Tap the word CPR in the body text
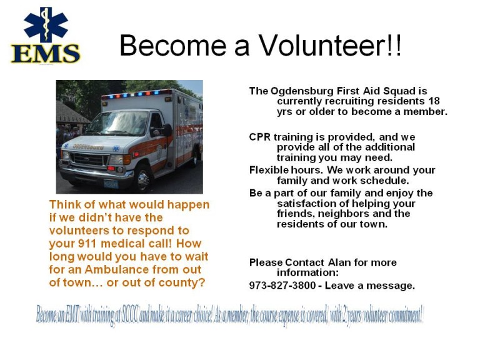260,137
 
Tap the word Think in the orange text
64,205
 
